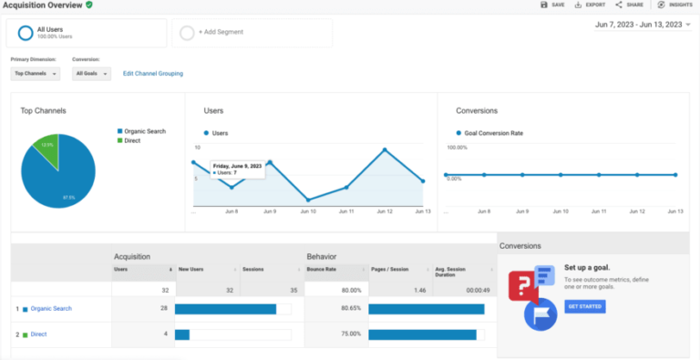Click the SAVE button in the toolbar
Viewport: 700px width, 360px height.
553,5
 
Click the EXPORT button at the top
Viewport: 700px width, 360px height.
590,5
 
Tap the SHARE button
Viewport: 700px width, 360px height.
629,5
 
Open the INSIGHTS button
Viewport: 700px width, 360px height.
673,5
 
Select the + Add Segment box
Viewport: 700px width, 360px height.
251,33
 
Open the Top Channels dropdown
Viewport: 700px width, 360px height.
36,73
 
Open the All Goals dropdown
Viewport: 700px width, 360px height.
91,73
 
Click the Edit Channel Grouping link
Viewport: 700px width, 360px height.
153,73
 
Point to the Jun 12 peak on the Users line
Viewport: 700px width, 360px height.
385,149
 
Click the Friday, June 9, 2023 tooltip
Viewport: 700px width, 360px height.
237,169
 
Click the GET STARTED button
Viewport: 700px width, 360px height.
585,306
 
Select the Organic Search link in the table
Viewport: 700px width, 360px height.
51,309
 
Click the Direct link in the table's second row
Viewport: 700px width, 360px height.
39,334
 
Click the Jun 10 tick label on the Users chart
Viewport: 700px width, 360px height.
308,211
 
